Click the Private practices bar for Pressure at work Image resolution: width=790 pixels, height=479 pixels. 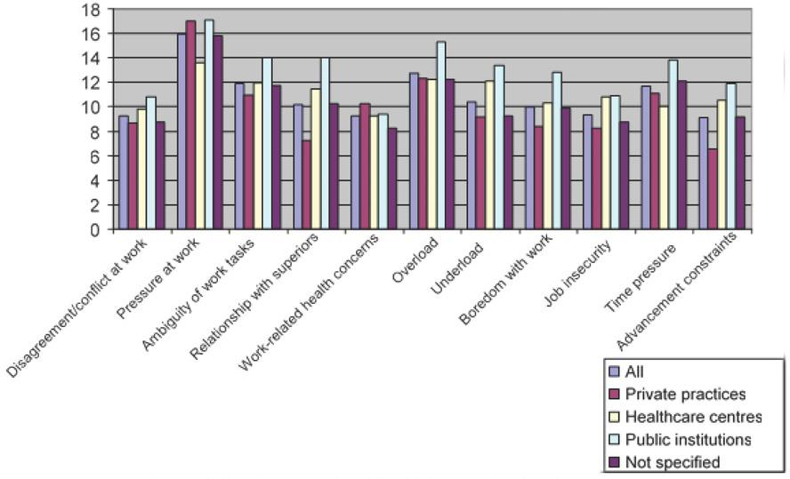pyautogui.click(x=190, y=124)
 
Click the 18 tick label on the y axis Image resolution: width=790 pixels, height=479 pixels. pyautogui.click(x=89, y=10)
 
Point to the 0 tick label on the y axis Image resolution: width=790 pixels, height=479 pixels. pyautogui.click(x=93, y=229)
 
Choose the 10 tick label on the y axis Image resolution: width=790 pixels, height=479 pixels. pyautogui.click(x=89, y=108)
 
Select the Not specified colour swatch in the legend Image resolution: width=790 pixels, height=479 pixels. pyautogui.click(x=614, y=462)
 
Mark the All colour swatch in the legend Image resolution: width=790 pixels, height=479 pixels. pyautogui.click(x=614, y=371)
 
